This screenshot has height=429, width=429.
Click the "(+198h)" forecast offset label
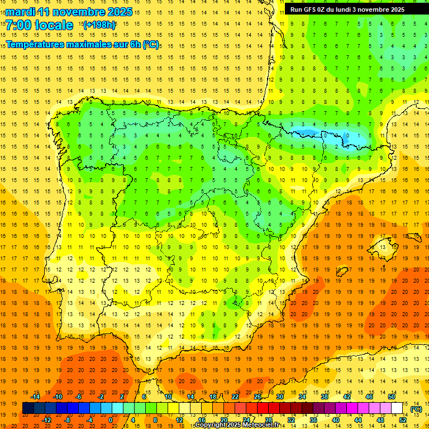coord(99,25)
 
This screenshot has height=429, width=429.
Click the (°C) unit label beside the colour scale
coord(416,409)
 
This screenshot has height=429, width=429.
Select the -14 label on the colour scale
coord(36,397)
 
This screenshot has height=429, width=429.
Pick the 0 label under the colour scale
coord(111,420)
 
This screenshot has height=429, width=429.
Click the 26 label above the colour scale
coord(258,397)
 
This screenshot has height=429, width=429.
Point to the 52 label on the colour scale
coord(403,420)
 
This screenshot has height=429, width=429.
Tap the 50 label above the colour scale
coord(392,397)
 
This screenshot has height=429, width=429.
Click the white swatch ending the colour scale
coord(397,408)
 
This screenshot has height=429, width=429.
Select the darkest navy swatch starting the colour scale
coord(28,408)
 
